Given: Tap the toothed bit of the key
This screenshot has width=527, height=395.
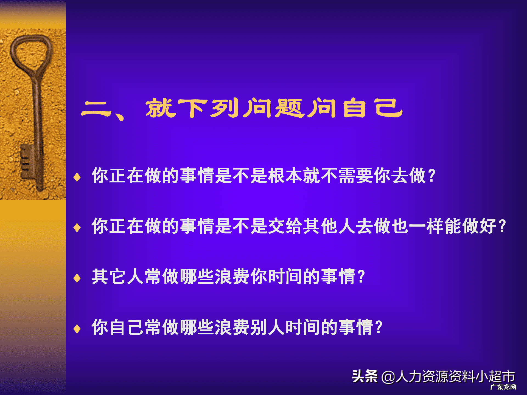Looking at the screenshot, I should (26, 162).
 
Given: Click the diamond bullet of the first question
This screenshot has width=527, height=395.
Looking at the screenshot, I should (77, 177).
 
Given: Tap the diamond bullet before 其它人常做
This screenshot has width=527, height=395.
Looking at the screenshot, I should (77, 278).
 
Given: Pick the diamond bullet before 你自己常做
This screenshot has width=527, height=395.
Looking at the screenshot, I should (77, 329).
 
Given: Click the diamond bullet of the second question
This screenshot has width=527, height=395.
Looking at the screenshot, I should (77, 227).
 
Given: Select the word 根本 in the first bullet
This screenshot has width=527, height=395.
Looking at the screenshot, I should (285, 176).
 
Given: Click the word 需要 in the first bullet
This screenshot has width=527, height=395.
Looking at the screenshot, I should (355, 176).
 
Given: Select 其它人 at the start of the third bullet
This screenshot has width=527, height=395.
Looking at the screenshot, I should (118, 276).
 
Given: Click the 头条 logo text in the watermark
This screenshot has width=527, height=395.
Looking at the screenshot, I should (365, 376).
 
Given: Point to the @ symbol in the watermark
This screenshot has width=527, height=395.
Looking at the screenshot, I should (388, 377).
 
